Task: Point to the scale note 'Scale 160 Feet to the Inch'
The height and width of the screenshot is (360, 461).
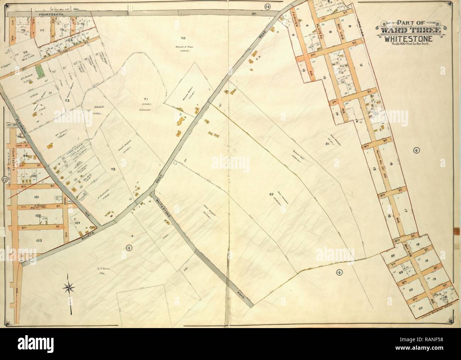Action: pyautogui.click(x=411, y=44)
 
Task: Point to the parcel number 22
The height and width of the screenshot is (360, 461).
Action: pyautogui.click(x=271, y=194)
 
